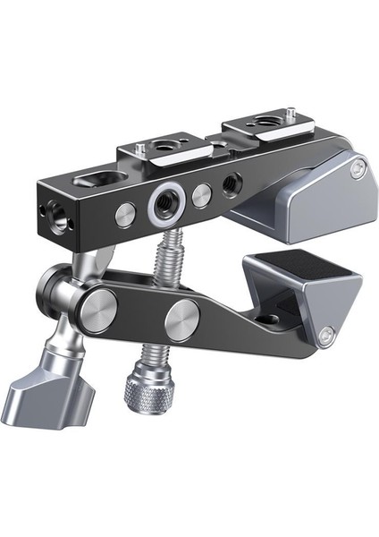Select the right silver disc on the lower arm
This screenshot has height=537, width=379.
pyautogui.click(x=182, y=318)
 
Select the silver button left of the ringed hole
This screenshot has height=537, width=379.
pyautogui.click(x=125, y=213)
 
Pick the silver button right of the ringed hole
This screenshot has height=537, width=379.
pyautogui.click(x=203, y=194)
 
